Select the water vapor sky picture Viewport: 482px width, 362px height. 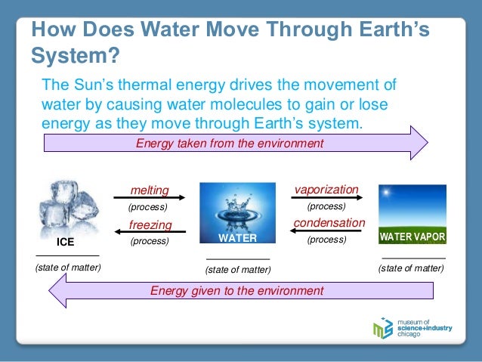coord(412,207)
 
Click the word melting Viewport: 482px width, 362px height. coord(149,190)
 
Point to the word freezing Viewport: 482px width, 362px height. coord(150,225)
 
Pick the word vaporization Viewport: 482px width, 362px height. coord(326,189)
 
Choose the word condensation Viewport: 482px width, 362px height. coord(329,223)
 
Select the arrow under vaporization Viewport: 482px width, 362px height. coord(326,198)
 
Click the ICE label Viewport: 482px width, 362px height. coord(66,243)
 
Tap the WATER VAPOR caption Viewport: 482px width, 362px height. coord(412,237)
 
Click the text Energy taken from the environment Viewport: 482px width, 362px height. coord(229,144)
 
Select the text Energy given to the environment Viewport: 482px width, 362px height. coord(236,290)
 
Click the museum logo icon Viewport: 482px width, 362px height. coord(383,328)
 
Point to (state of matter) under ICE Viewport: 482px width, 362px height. coord(68,267)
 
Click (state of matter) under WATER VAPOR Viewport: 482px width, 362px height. coord(411,267)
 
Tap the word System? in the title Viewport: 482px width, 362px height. coord(75,57)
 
